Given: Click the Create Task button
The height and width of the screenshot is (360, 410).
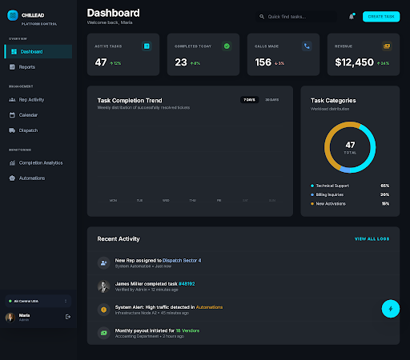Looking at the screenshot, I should click(x=380, y=16).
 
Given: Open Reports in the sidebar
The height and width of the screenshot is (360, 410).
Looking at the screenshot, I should click(x=27, y=66).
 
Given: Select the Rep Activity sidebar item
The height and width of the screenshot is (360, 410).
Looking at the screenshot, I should click(x=33, y=100).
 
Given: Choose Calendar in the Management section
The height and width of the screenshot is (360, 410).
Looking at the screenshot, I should click(x=29, y=114).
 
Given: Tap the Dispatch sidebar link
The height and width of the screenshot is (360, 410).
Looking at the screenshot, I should click(x=28, y=130).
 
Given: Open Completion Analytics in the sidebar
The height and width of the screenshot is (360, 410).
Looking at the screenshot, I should click(x=40, y=162).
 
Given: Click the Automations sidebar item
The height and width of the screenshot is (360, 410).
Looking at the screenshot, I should click(x=32, y=178).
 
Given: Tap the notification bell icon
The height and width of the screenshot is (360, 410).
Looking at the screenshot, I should click(x=351, y=16).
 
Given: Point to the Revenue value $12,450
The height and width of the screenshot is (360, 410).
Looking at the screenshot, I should click(x=354, y=62).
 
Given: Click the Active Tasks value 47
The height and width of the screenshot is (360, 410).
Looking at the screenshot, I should click(x=101, y=62).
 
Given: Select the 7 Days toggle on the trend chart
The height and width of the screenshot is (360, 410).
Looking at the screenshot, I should click(x=250, y=100).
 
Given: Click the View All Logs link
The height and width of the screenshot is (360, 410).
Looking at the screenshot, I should click(x=372, y=238).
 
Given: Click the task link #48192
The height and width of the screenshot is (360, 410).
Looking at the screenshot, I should click(x=186, y=283).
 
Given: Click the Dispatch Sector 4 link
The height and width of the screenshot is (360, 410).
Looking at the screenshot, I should click(x=183, y=260).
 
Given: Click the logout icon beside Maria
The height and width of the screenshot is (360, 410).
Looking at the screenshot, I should click(x=68, y=317).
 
